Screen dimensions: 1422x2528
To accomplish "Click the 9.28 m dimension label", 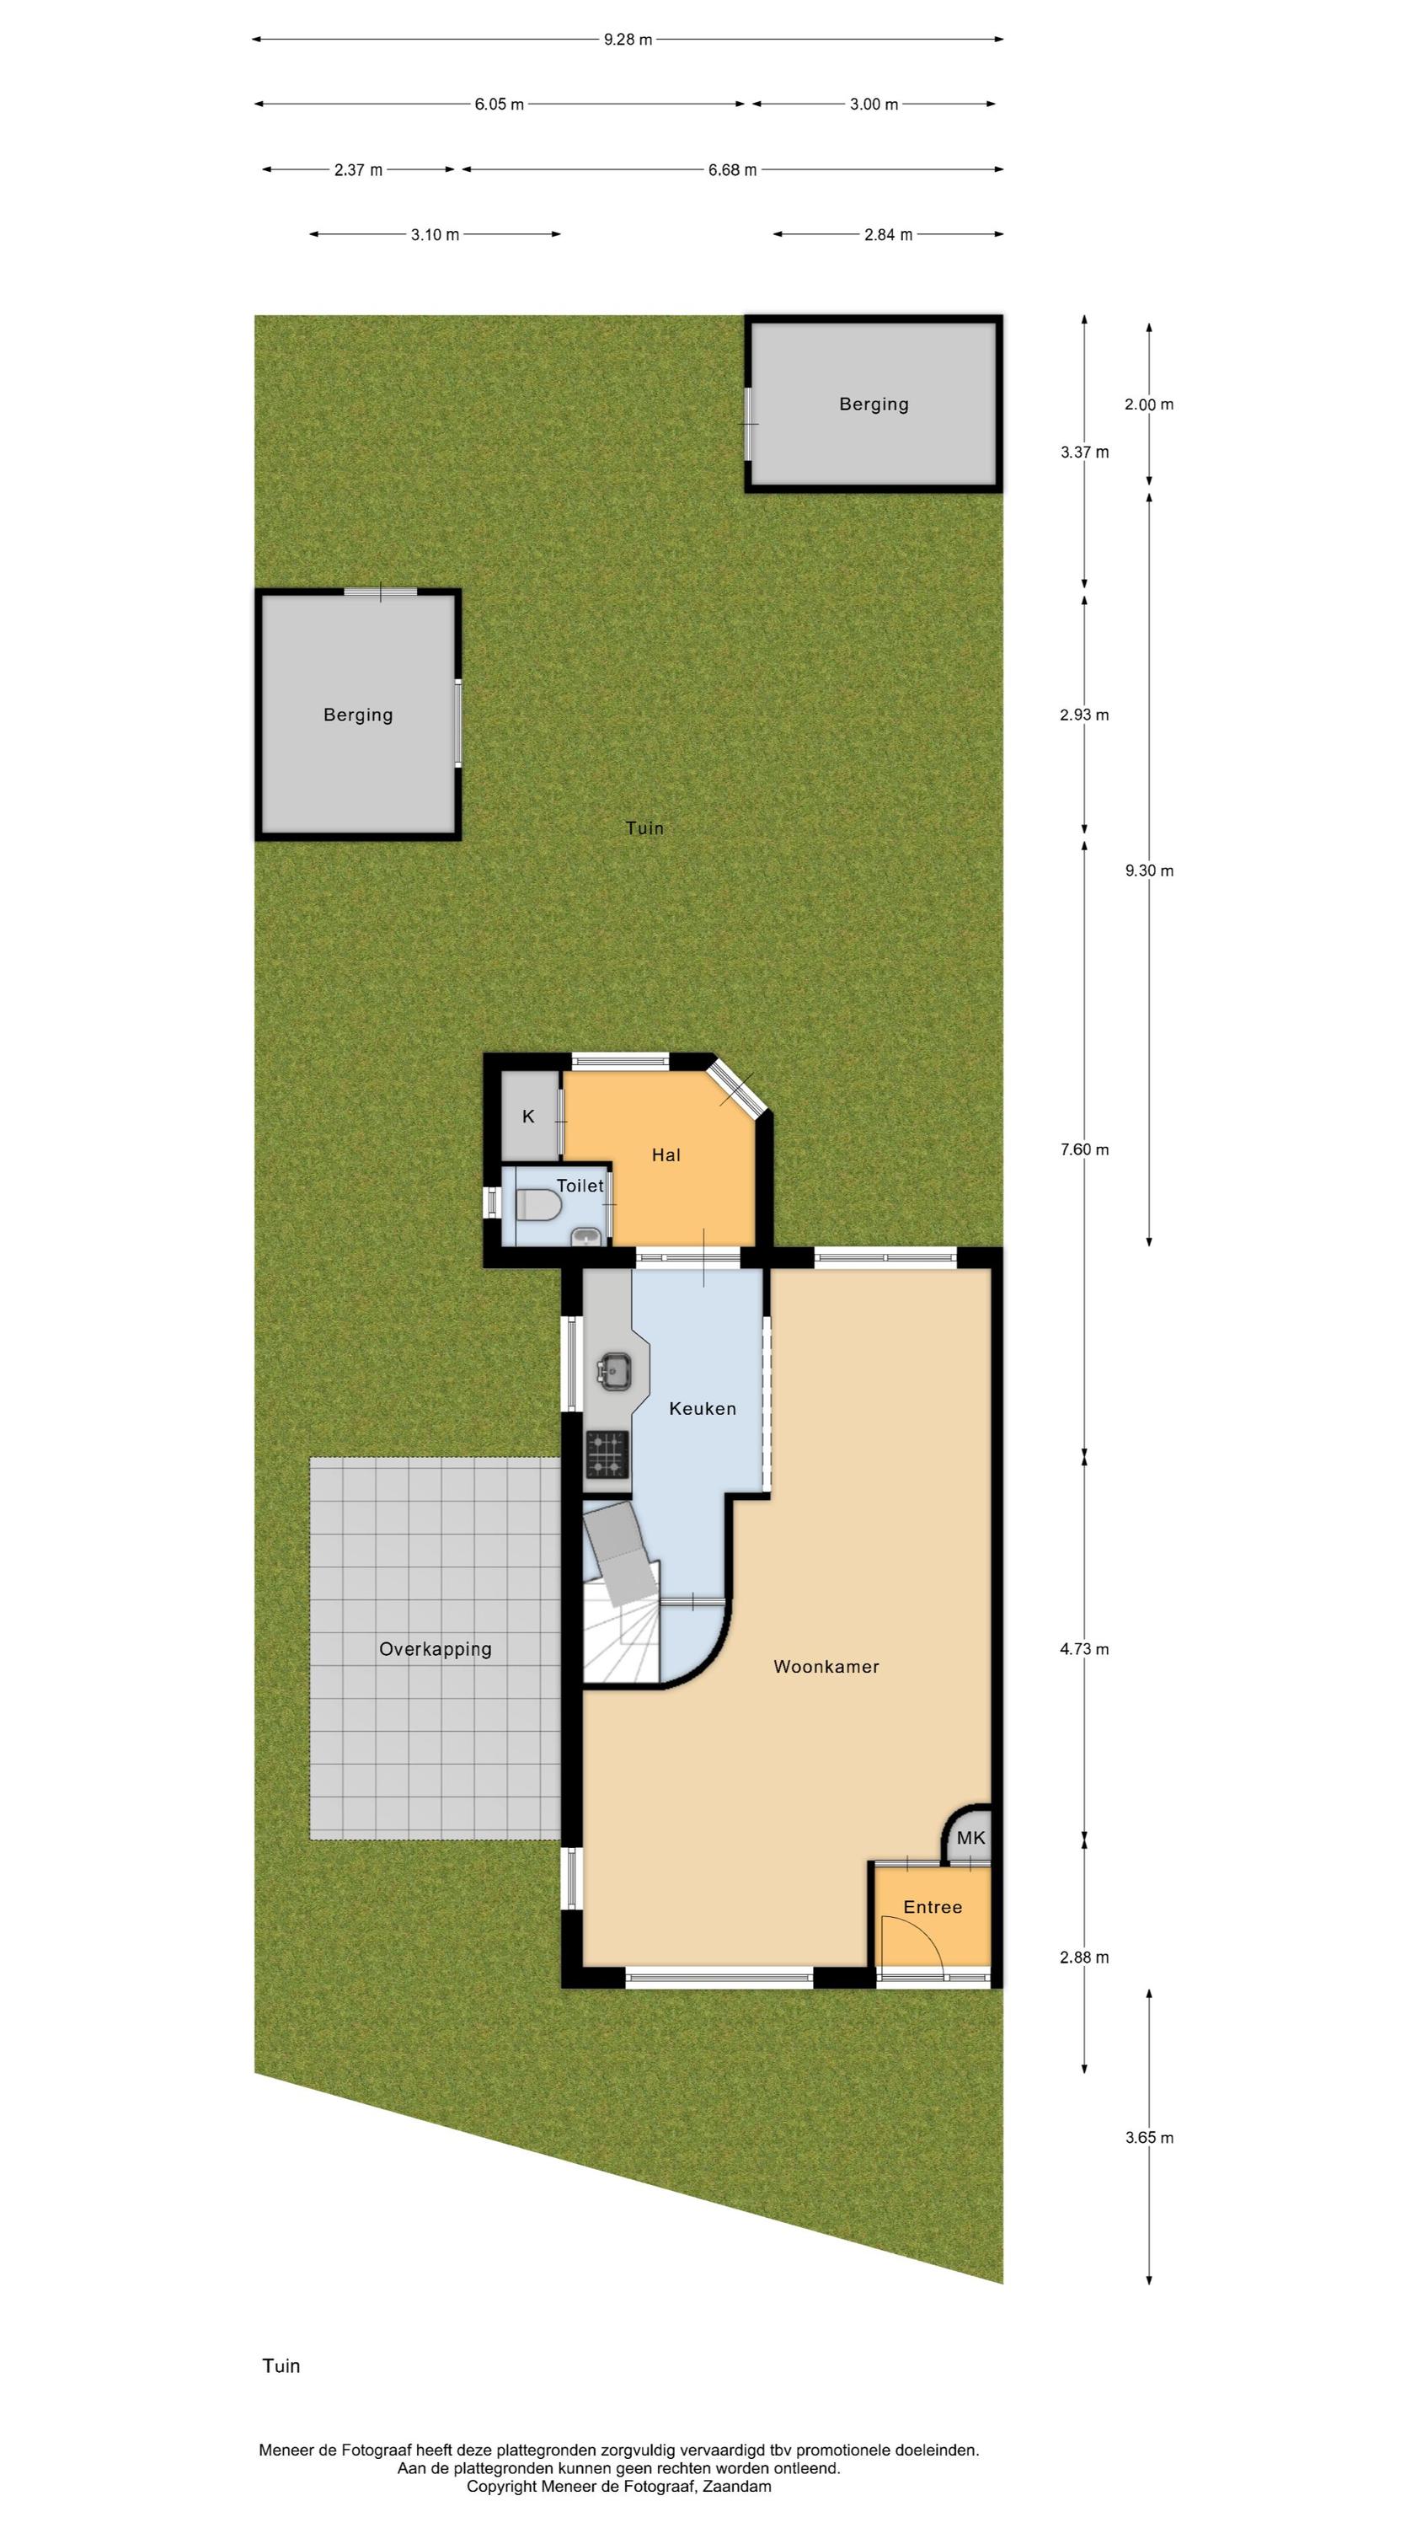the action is (628, 40).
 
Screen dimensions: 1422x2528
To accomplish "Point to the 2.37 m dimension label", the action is (358, 169).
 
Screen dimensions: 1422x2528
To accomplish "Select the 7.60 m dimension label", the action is (1084, 1149).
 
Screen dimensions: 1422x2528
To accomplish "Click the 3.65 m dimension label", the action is (1149, 2137).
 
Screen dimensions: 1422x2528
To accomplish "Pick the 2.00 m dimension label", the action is (1149, 404).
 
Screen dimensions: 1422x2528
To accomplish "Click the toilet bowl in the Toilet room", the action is (537, 1205).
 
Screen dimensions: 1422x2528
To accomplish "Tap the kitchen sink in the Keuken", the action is (615, 1370).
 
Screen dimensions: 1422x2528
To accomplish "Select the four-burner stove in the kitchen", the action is (607, 1454).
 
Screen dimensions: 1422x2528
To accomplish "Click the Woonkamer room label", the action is (826, 1666).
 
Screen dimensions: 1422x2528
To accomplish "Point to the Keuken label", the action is (703, 1408).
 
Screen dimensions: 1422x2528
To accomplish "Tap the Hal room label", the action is (666, 1155).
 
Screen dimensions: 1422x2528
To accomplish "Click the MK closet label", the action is (970, 1838).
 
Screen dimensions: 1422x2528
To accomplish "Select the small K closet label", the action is (529, 1116).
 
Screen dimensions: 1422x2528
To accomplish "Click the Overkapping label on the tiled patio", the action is (436, 1649).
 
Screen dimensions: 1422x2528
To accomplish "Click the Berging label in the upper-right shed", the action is (874, 404).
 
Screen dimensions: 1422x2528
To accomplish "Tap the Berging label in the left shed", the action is (358, 715).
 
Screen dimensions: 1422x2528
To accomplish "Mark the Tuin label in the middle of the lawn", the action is (644, 828).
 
